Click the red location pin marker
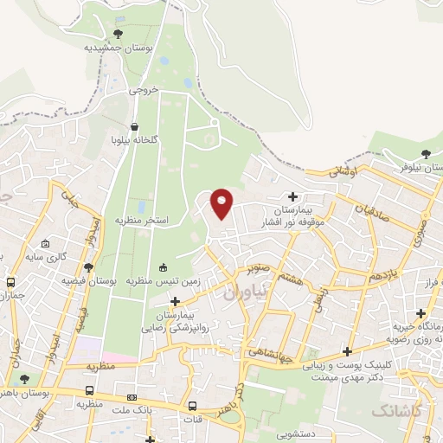click(222, 203)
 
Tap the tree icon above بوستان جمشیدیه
click(119, 34)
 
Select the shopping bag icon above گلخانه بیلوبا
click(134, 125)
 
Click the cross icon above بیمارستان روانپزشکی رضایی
click(176, 301)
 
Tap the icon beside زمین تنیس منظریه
click(164, 266)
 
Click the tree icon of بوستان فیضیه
click(89, 267)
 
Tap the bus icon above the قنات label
click(192, 406)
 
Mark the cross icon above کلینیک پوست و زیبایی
click(347, 351)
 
